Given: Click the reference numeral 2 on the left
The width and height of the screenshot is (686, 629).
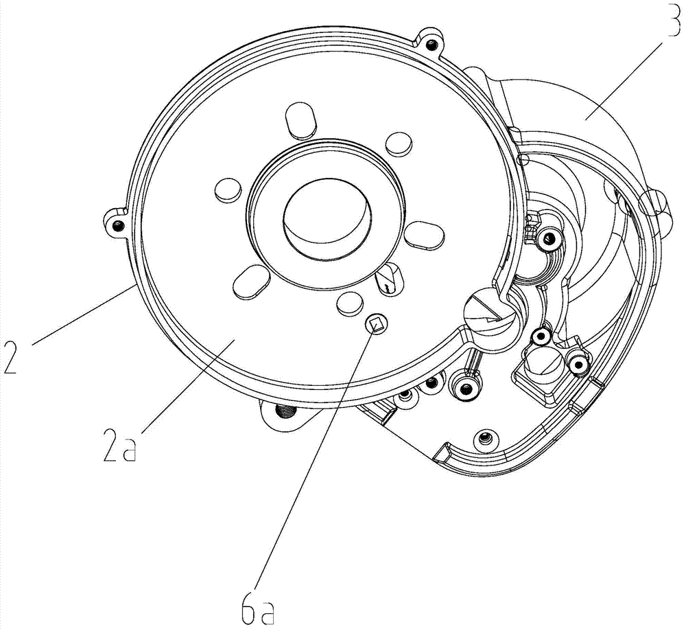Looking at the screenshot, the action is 10,356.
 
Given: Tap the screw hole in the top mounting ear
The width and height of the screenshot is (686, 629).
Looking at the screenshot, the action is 431,44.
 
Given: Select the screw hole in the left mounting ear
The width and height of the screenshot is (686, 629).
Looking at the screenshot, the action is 117,225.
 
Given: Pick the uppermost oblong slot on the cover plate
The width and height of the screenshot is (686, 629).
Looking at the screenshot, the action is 300,119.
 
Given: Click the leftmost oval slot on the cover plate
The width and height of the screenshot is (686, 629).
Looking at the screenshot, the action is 228,190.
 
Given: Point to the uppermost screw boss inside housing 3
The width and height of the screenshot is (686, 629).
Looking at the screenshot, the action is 547,239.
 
